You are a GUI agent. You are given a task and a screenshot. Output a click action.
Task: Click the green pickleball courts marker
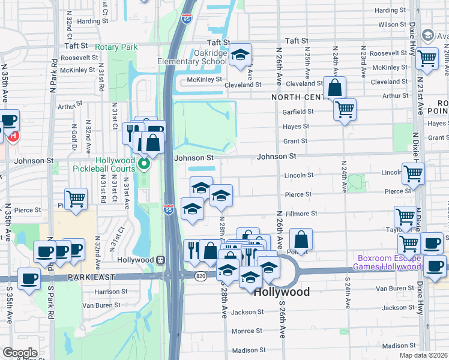click(143, 163)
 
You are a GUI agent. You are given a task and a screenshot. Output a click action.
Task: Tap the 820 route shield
click(200, 275)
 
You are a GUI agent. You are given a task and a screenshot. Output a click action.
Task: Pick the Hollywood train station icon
click(161, 260)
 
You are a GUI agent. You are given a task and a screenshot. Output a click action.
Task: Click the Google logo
click(19, 353)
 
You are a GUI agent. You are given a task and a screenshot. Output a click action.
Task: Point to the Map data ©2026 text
click(423, 355)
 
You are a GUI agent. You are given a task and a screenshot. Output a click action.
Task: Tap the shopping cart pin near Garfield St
click(345, 110)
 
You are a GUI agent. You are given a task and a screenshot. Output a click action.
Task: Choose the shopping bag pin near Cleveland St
click(334, 88)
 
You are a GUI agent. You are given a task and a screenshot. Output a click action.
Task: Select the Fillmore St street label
click(301, 214)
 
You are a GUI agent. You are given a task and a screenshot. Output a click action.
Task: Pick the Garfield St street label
click(298, 112)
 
